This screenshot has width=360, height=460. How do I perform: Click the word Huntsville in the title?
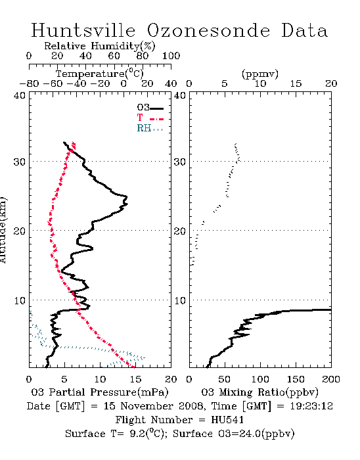coord(83,30)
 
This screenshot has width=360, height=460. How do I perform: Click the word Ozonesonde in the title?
coord(208,30)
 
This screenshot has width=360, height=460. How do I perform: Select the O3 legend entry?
coord(150,108)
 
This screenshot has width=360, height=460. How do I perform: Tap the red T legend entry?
coord(150,118)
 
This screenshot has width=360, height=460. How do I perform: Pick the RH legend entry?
coord(150,128)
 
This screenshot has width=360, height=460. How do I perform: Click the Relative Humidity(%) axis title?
coord(100,46)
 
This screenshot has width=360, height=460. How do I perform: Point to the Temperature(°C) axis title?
coord(100,74)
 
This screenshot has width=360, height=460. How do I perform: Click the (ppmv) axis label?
coord(260,74)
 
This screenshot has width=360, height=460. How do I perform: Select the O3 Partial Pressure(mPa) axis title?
coord(100,392)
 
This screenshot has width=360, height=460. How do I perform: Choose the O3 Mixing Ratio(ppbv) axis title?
coord(259,392)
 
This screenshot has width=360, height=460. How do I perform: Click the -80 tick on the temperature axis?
coord(29,84)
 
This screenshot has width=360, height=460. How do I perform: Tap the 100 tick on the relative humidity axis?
coord(171,56)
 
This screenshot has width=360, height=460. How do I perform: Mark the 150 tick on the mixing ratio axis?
coord(296,379)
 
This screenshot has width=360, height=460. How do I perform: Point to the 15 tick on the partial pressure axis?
coord(135,379)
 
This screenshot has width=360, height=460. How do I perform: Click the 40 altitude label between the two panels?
coord(180,96)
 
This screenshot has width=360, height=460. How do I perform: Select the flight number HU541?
coord(227,420)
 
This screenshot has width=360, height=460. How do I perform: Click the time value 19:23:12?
coord(311,406)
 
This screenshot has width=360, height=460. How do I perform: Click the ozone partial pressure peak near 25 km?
coord(127,196)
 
